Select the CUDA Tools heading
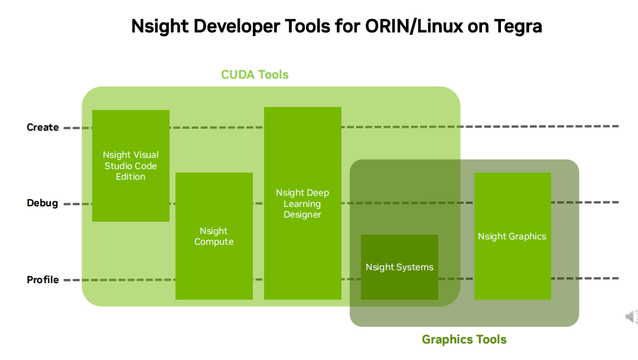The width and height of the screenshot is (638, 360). [x=255, y=74]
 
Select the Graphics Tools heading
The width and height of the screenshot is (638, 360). [x=464, y=339]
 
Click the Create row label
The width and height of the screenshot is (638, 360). [x=43, y=127]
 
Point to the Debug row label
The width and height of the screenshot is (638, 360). [x=43, y=203]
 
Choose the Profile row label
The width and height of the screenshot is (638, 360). [x=43, y=280]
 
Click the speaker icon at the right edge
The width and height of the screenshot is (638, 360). [x=631, y=317]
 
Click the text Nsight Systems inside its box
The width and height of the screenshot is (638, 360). [x=399, y=267]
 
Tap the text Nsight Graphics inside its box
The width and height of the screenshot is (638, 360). [x=512, y=236]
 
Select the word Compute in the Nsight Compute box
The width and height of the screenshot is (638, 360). [x=214, y=242]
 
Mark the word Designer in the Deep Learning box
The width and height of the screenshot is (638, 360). [x=302, y=215]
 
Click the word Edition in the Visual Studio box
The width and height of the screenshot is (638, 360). [x=131, y=177]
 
